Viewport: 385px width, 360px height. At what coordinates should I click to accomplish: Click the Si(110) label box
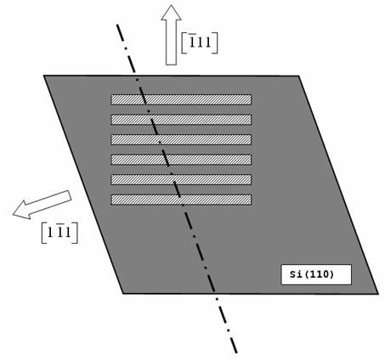(x=316, y=274)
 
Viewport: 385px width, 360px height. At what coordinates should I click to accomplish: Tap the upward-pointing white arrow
(x=171, y=35)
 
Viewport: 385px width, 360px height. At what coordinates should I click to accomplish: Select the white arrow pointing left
(x=42, y=205)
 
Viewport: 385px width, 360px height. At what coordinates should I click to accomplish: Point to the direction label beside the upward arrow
(x=200, y=42)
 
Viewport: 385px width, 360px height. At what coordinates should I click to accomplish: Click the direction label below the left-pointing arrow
(x=59, y=233)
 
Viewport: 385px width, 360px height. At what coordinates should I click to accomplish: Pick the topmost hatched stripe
(x=181, y=99)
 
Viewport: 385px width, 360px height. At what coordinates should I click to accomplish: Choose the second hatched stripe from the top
(x=181, y=120)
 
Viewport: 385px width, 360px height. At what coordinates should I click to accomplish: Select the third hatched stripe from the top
(x=181, y=139)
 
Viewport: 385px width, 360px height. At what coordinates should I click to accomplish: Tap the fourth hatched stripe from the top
(x=181, y=160)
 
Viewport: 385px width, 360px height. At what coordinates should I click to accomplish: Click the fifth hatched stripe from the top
(x=181, y=179)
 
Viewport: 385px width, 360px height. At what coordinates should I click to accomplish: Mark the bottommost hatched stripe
(x=181, y=200)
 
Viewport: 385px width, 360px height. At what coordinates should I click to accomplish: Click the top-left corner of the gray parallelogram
(x=44, y=76)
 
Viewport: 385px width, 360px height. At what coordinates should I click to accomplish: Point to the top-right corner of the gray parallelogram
(x=299, y=76)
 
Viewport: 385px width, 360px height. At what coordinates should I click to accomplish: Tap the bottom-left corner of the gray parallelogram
(x=123, y=294)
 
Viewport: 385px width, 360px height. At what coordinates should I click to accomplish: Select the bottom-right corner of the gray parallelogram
(x=378, y=294)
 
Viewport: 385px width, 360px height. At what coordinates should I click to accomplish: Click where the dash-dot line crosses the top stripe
(x=144, y=99)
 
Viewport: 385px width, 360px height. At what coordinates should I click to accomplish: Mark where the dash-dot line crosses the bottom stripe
(x=181, y=200)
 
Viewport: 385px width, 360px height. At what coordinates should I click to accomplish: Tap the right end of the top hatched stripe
(x=252, y=99)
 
